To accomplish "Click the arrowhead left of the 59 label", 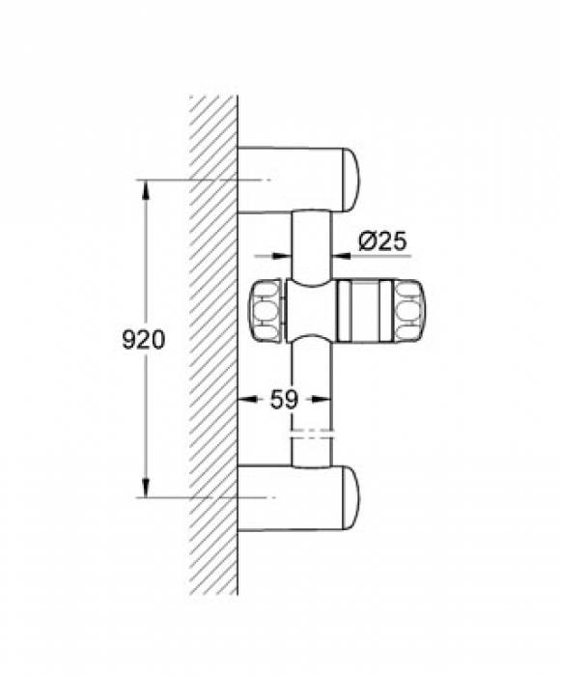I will click(x=245, y=398).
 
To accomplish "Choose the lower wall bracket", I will click(x=290, y=496).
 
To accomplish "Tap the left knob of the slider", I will click(x=266, y=311).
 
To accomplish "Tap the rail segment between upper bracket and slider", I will click(x=310, y=241).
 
